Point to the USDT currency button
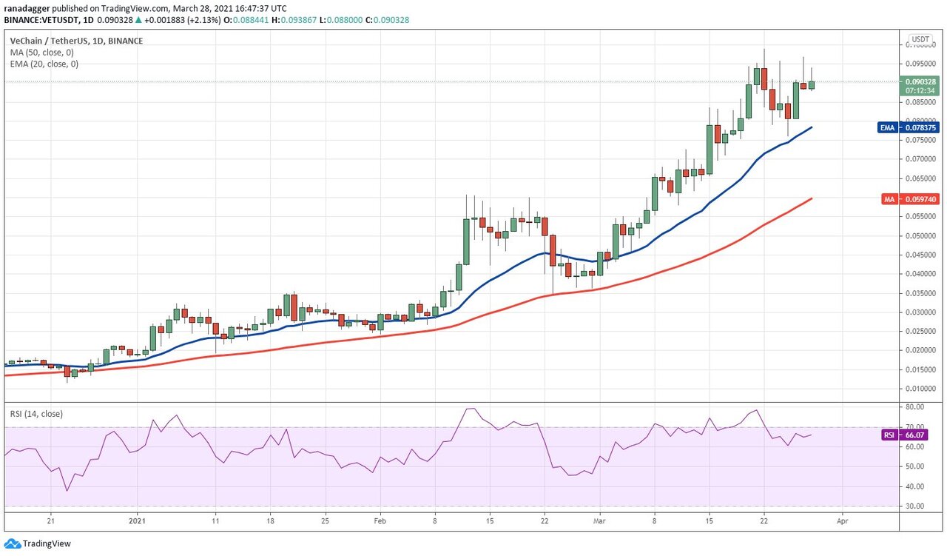pyautogui.click(x=920, y=39)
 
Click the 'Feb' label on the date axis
pyautogui.click(x=380, y=521)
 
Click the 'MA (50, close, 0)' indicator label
pyautogui.click(x=41, y=53)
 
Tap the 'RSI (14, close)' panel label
pyautogui.click(x=36, y=414)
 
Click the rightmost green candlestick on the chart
pyautogui.click(x=812, y=85)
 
